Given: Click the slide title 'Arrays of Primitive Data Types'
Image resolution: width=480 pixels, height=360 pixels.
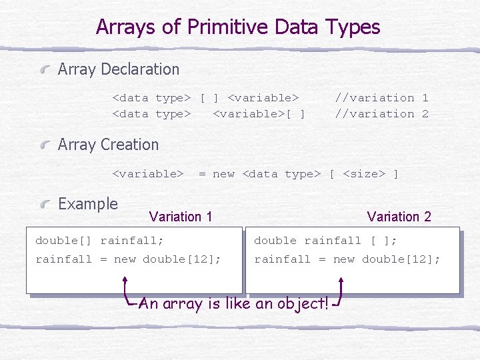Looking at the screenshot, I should coord(238,27).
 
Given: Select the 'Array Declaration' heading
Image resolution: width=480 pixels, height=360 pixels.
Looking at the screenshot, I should coord(119,69).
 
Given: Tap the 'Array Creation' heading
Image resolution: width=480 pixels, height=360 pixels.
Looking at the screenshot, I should coord(108,145).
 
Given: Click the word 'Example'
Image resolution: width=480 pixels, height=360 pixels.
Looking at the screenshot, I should coord(88,204).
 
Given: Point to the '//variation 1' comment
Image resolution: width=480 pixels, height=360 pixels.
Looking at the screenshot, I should coord(381,98).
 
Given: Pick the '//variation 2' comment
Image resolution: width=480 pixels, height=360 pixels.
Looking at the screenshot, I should coord(381,114).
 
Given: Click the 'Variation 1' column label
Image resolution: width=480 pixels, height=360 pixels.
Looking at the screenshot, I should coord(181,217).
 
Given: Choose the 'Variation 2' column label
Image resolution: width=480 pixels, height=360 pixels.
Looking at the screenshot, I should coord(399,217).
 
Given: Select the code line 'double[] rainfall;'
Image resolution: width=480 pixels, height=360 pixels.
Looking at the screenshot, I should coord(99,241).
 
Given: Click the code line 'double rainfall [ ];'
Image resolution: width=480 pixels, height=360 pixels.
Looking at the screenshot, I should coord(325,241).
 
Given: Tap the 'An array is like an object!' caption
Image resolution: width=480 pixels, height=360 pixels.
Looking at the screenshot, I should coord(234,304).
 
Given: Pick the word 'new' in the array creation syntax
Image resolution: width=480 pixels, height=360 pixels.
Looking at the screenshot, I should coord(223,175).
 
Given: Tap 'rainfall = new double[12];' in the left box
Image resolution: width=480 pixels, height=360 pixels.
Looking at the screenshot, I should coord(128,259).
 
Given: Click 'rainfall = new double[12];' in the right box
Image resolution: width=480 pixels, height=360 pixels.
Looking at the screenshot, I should coord(347,259).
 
